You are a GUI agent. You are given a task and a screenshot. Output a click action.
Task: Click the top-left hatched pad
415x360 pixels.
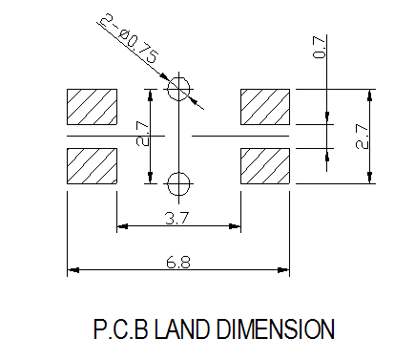(x=92, y=107)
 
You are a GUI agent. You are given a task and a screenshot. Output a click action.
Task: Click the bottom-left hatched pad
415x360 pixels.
(x=92, y=166)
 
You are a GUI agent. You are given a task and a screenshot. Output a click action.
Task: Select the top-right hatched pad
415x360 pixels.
(x=265, y=107)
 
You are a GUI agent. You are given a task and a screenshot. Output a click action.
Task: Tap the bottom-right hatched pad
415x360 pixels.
(x=265, y=166)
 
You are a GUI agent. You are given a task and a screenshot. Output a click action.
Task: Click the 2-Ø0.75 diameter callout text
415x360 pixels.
(x=129, y=38)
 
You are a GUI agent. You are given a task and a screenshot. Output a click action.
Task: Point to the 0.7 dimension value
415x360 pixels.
(x=319, y=47)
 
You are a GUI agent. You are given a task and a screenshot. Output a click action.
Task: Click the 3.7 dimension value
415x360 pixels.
(x=177, y=219)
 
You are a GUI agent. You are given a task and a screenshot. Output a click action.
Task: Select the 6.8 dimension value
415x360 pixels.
(x=178, y=263)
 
